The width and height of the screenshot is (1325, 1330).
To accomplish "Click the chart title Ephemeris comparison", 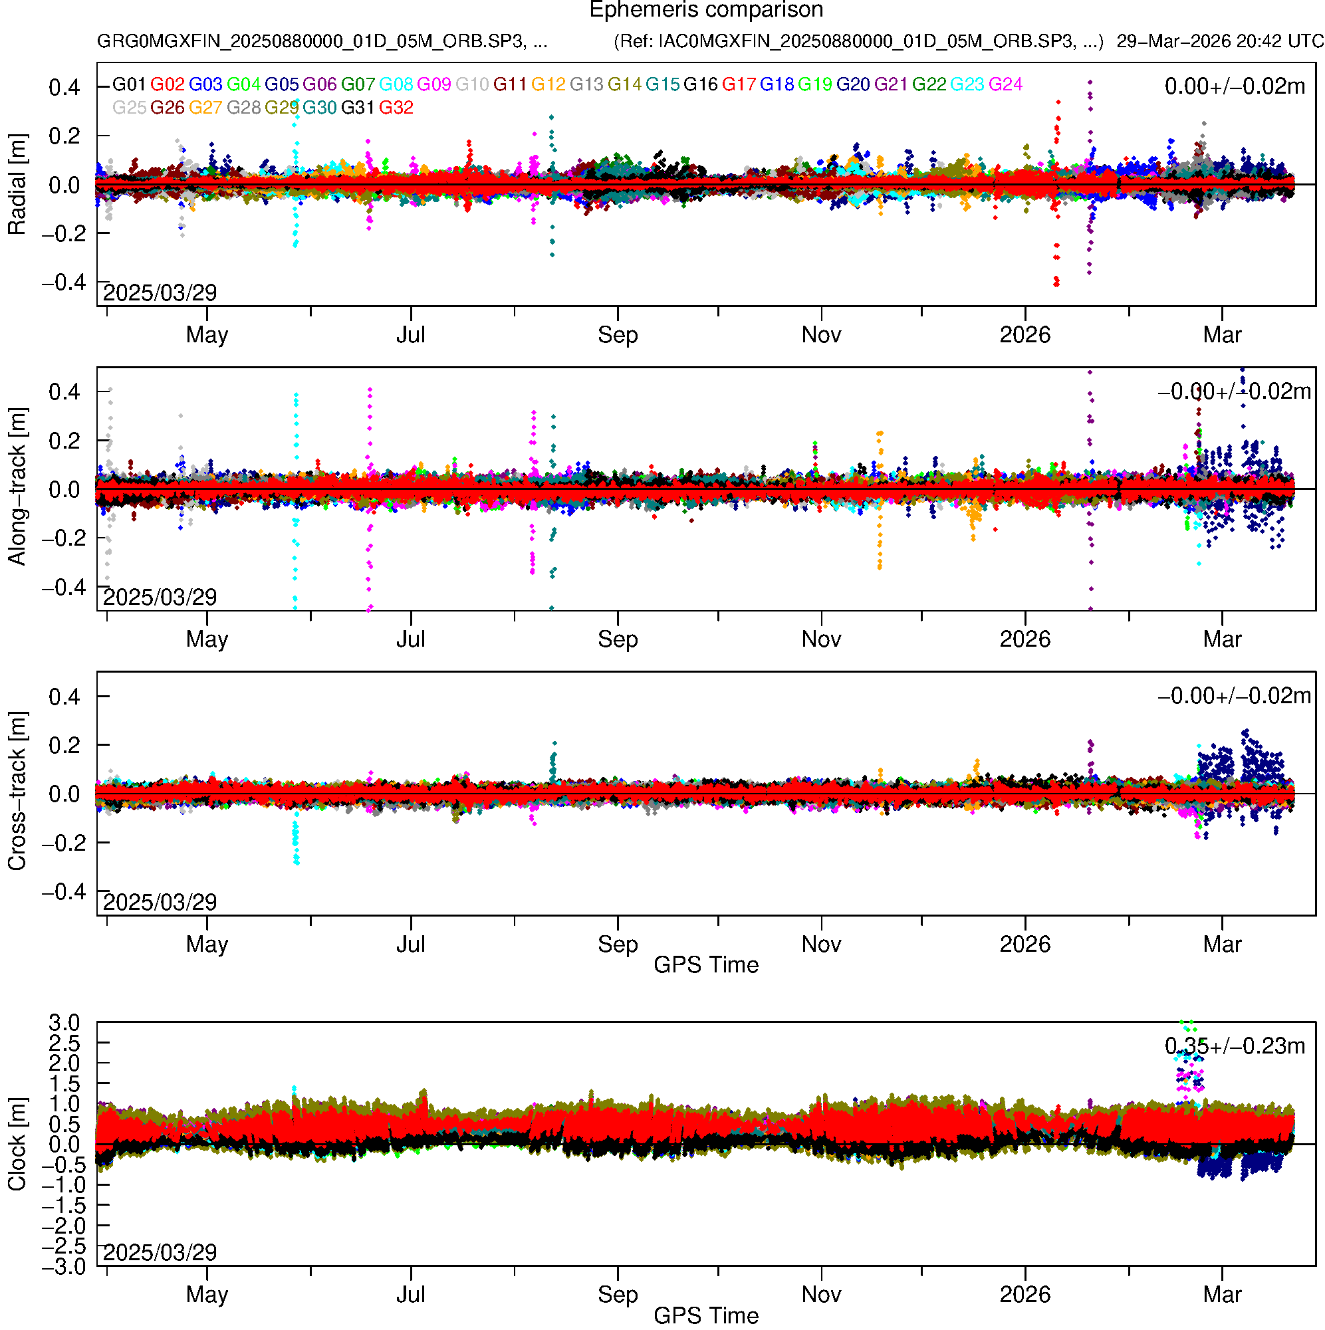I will [x=706, y=11].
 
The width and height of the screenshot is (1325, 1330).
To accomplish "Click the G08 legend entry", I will [x=396, y=84].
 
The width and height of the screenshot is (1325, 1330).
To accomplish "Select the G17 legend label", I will [x=739, y=84].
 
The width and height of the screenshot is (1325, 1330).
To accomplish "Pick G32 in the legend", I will [x=396, y=108].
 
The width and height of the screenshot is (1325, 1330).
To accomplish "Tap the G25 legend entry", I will [x=129, y=108].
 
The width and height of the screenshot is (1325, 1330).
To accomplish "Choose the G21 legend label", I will [x=891, y=84].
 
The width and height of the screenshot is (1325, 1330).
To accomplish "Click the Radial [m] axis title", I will [x=17, y=185].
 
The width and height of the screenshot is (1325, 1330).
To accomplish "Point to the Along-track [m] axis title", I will [x=17, y=487].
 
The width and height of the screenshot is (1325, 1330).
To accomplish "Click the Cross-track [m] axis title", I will [x=17, y=792].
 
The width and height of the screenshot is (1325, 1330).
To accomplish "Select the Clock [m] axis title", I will [x=17, y=1144].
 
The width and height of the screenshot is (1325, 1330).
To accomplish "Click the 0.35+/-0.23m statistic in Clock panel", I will [x=1234, y=1046].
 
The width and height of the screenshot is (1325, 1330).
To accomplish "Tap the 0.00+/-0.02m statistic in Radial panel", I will [x=1234, y=86].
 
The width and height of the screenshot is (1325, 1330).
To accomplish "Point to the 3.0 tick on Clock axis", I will [x=64, y=1023].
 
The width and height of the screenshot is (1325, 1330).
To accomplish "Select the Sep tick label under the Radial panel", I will [x=618, y=335].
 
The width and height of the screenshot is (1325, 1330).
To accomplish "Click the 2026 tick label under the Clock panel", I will [x=1024, y=1295].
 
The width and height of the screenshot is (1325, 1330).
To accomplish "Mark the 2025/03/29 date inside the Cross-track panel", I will [x=160, y=902].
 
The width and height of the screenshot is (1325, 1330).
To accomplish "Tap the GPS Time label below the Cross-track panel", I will [x=706, y=965].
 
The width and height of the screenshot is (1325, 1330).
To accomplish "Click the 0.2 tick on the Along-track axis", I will [x=64, y=441].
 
